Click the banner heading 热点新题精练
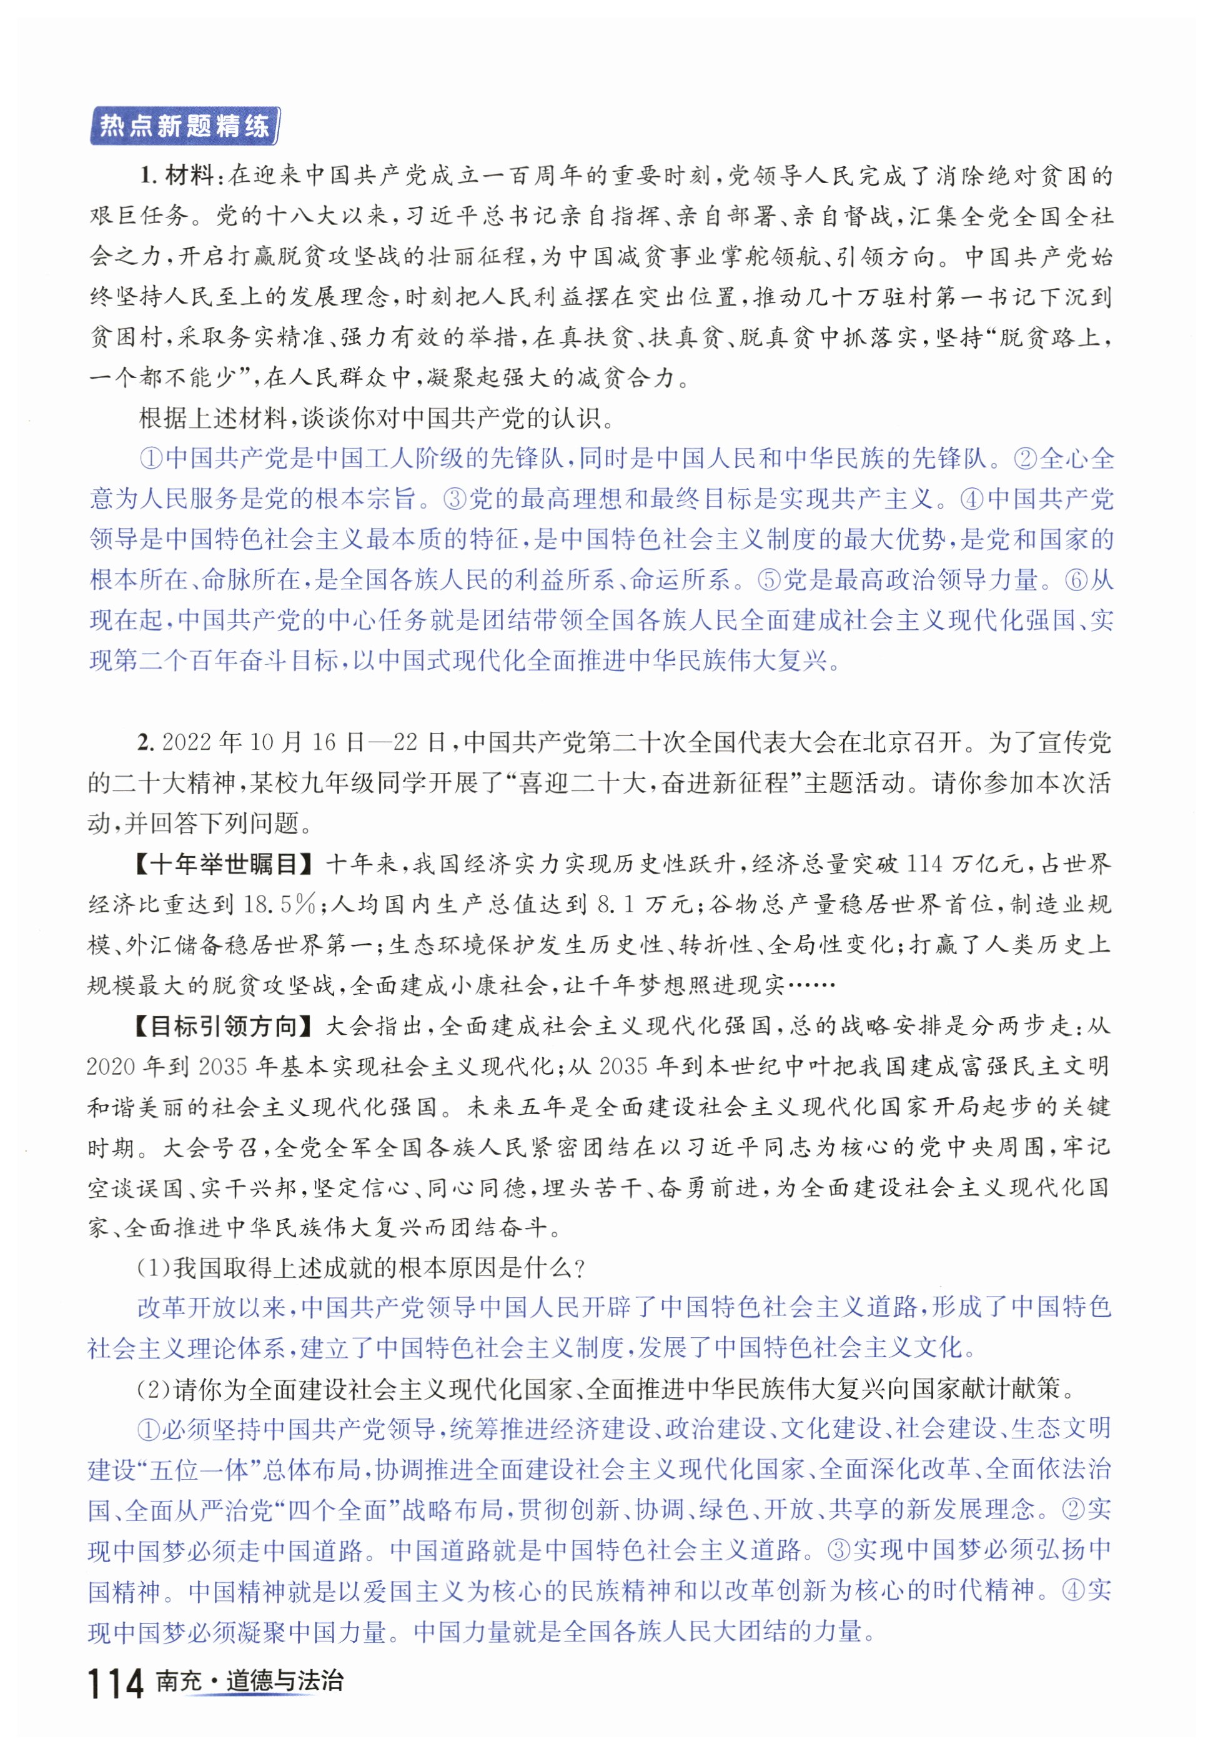pos(185,126)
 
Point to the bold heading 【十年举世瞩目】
pos(225,864)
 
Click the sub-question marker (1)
pos(154,1267)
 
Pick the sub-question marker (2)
pos(154,1389)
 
